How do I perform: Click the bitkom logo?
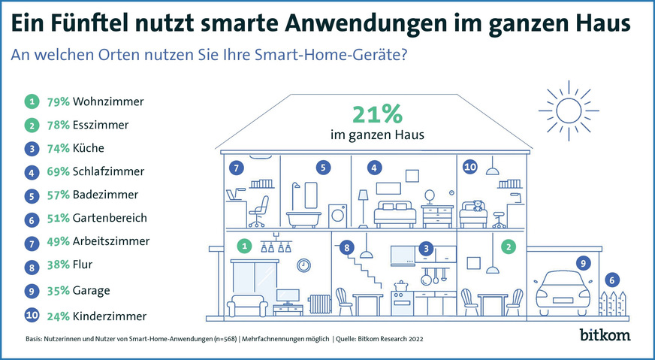606,333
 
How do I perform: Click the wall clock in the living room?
303,265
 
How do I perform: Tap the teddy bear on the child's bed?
475,205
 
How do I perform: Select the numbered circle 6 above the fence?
613,280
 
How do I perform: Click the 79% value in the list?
58,100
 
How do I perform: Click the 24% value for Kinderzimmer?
58,316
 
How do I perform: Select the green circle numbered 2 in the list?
31,125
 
